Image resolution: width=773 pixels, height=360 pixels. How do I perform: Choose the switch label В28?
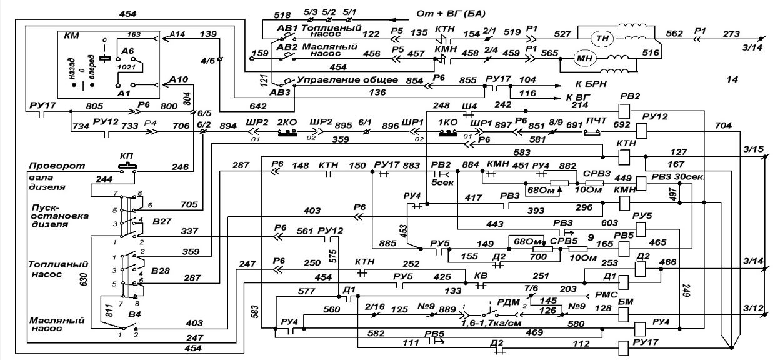[x=162, y=272]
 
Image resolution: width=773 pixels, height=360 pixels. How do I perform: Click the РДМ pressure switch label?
[x=509, y=303]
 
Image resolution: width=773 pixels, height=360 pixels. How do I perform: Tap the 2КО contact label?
[x=287, y=120]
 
